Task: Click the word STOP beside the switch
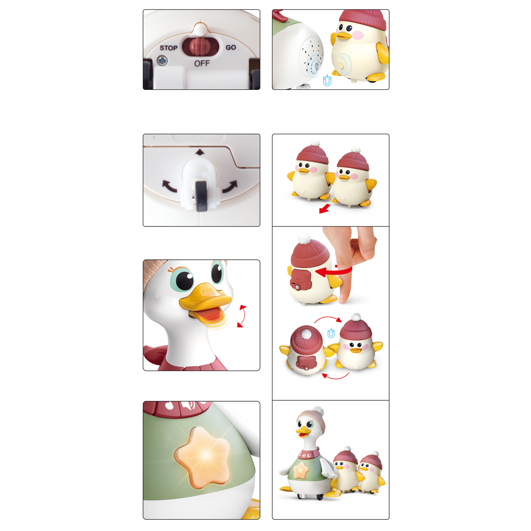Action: click(x=168, y=48)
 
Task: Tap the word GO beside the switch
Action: click(x=231, y=47)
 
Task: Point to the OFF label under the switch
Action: click(x=202, y=63)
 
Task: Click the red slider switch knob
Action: click(x=201, y=46)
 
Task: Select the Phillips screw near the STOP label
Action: click(x=162, y=60)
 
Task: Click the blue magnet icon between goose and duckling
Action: click(x=327, y=80)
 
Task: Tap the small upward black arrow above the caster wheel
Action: click(x=200, y=152)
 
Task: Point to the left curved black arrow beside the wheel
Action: click(x=169, y=186)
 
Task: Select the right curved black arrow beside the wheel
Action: click(x=230, y=187)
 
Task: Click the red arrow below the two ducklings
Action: click(x=324, y=209)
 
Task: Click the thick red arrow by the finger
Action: click(x=333, y=272)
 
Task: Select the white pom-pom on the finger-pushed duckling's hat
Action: click(x=304, y=238)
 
